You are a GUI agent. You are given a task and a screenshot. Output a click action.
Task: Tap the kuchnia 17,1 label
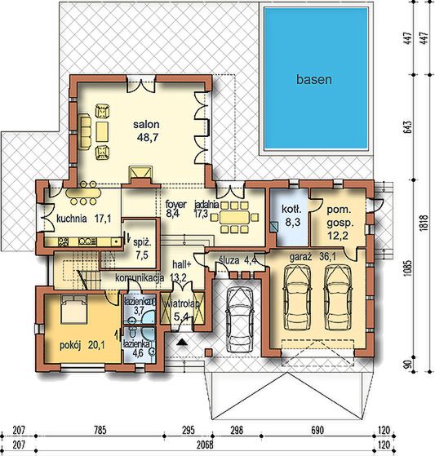tap(83, 219)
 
